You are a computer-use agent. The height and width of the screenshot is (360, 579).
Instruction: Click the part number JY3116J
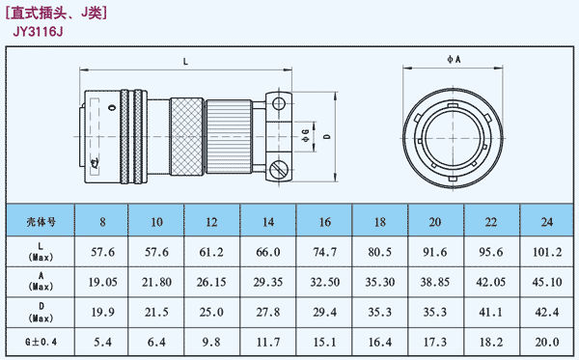point(38,32)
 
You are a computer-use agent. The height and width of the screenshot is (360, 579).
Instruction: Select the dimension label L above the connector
point(185,62)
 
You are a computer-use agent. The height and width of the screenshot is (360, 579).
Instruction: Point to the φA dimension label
point(454,59)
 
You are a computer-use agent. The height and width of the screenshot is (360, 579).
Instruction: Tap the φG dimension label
point(305,135)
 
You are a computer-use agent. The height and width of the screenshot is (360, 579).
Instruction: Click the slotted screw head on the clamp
point(279,170)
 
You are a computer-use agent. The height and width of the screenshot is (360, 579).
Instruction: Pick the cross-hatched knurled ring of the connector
point(186,137)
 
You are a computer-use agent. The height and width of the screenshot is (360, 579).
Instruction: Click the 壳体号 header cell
point(41,222)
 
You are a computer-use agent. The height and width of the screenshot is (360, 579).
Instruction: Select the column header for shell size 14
point(268,222)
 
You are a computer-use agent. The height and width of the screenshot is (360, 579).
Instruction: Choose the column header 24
point(547,222)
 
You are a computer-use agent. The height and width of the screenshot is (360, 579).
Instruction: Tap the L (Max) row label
point(41,252)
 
